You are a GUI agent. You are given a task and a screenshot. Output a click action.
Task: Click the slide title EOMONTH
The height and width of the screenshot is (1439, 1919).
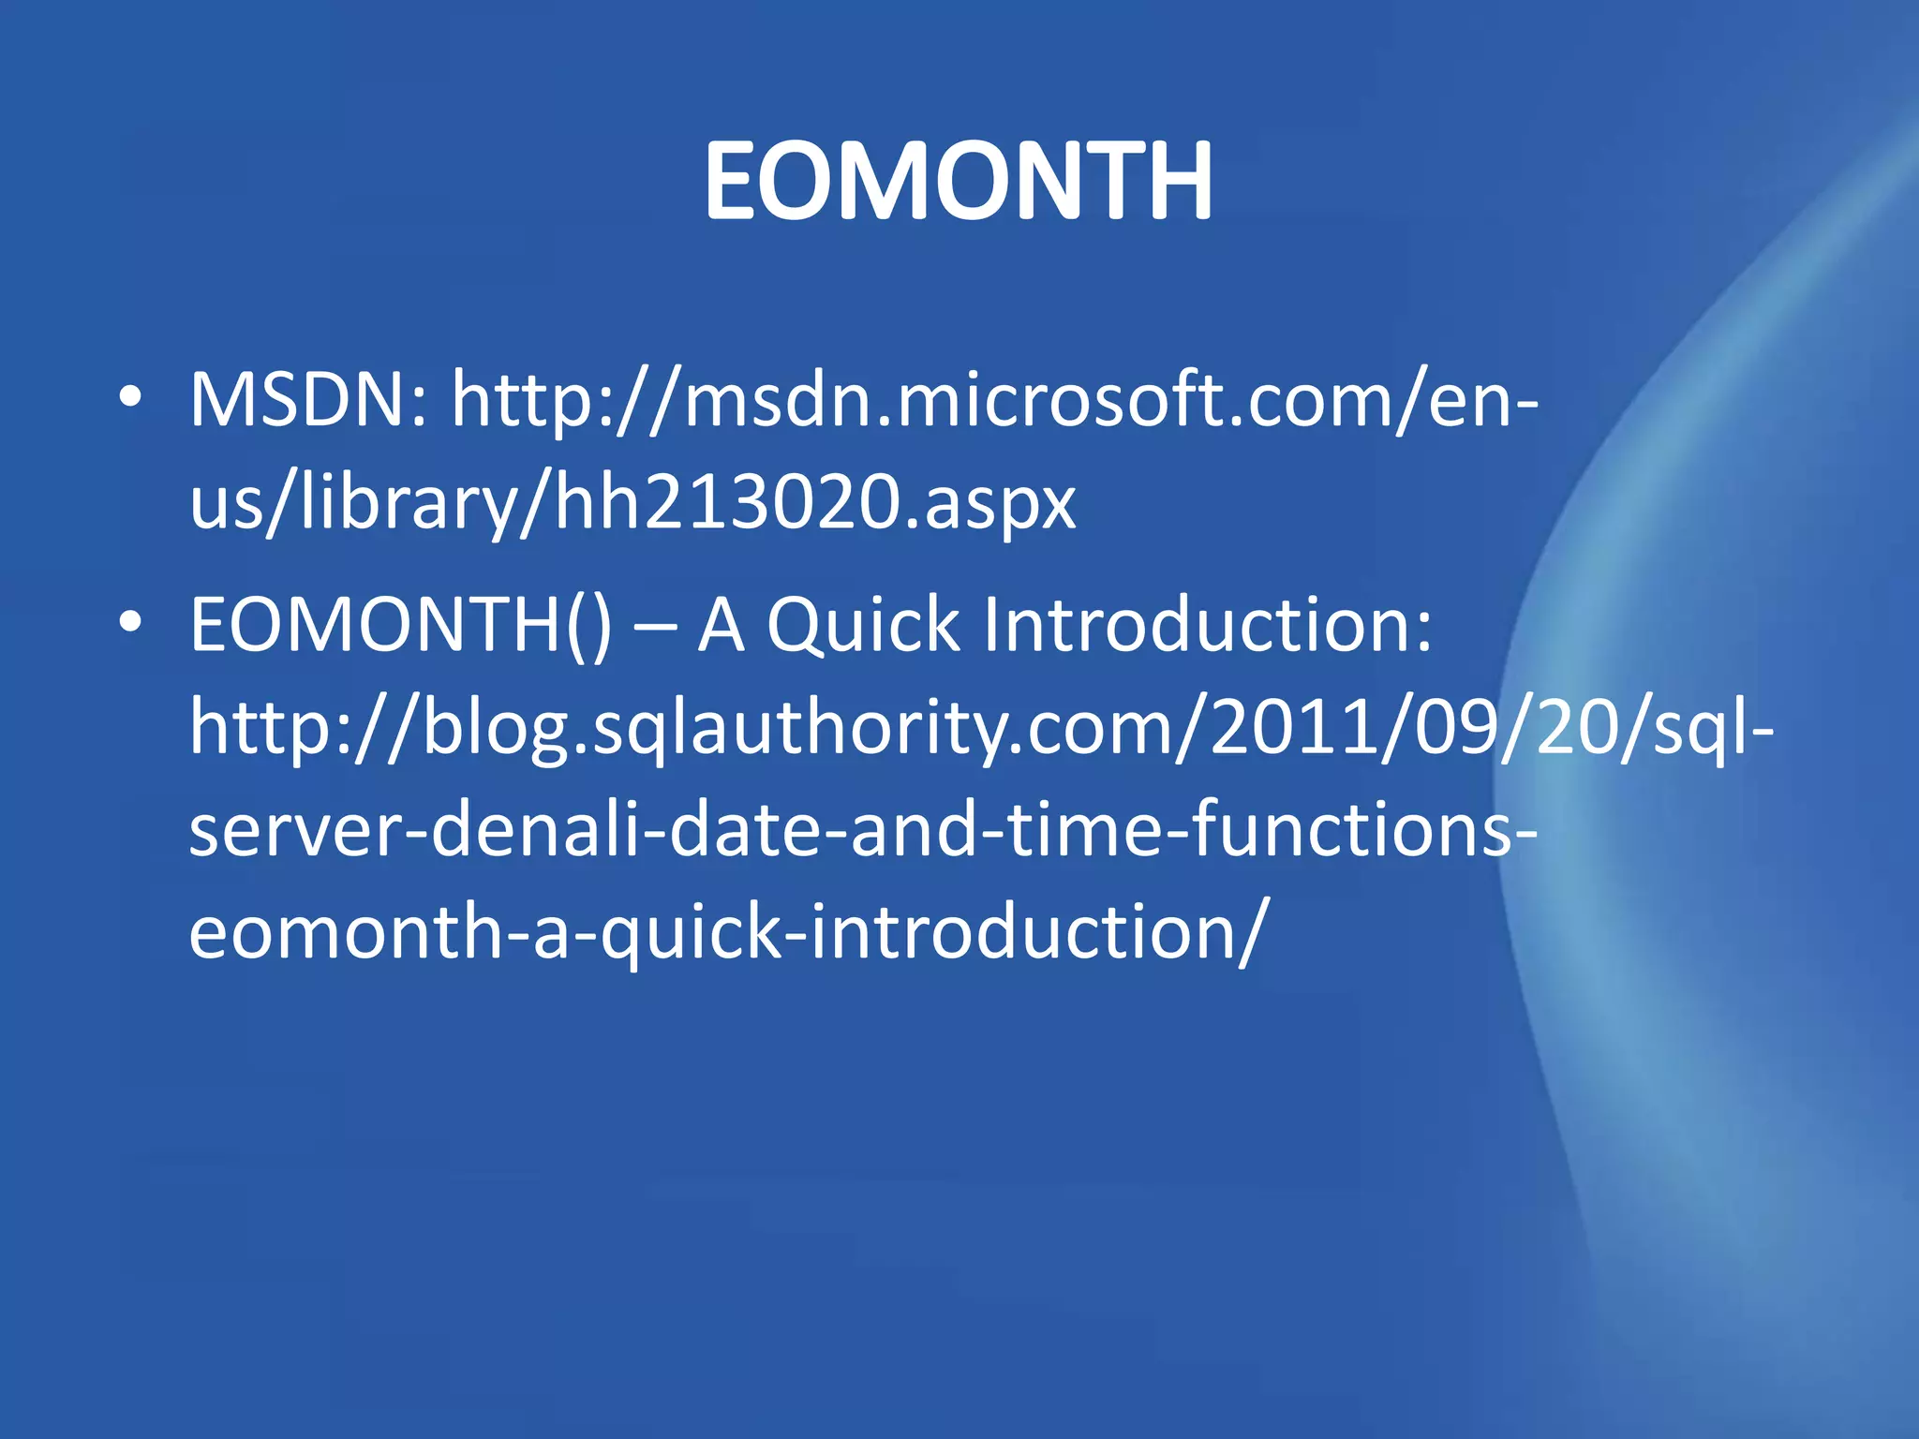coord(958,180)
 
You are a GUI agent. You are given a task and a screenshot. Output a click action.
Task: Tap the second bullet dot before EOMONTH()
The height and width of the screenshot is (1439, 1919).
coord(130,622)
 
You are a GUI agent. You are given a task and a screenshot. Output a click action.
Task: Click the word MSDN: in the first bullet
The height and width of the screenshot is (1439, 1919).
coord(309,401)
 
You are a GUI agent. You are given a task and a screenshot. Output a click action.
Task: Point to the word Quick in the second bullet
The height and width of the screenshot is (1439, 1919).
coord(863,626)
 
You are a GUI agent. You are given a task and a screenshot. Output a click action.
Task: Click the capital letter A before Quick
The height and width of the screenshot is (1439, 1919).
coord(721,626)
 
